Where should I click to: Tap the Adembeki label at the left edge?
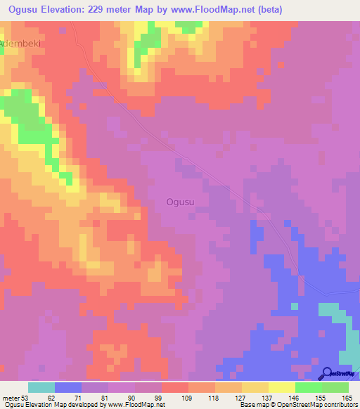pos(21,43)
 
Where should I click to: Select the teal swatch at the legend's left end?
pos(41,387)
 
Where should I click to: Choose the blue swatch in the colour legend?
pos(68,387)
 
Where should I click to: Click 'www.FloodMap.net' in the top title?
pos(240,9)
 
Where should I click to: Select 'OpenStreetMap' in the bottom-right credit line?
pos(295,405)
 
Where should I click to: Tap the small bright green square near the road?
pos(295,306)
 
